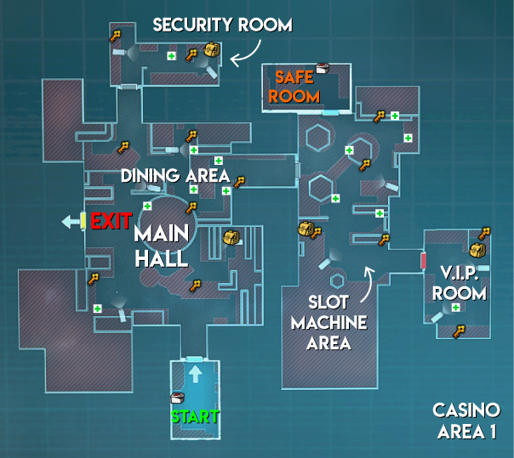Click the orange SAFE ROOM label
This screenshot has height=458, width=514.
294,87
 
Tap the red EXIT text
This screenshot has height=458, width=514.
111,221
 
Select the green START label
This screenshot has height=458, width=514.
195,416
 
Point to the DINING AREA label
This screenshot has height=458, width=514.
175,176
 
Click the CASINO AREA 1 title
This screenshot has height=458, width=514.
466,421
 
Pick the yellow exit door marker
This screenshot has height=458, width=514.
83,221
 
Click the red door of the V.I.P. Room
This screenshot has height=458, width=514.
424,261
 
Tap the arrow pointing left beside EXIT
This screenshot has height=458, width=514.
71,222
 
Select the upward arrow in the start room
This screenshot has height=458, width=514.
196,374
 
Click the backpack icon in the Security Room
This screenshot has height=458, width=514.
212,50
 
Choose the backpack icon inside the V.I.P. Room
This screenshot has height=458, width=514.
477,250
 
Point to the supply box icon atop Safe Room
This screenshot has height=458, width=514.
323,68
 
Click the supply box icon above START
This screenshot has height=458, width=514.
177,398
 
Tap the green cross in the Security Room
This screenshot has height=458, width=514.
171,56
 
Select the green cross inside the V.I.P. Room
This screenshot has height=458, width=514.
455,308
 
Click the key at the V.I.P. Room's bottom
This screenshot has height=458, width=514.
460,331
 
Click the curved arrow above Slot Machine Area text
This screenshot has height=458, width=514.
368,284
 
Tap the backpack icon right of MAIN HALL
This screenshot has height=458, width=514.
231,237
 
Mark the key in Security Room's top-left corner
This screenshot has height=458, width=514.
115,36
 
